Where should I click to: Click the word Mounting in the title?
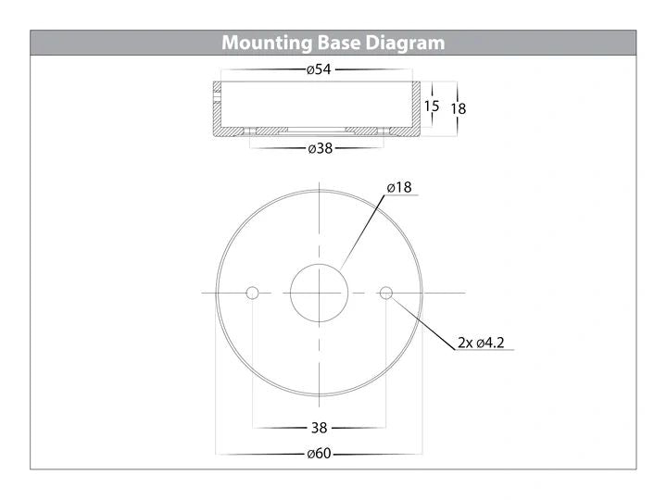coord(267,44)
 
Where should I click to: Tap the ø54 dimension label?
coord(319,69)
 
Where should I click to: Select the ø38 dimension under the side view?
coord(320,148)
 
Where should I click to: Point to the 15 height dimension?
coord(432,106)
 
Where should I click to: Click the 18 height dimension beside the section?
coord(459,109)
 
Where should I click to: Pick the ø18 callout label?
coord(399,187)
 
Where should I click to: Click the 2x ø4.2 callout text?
coord(481,343)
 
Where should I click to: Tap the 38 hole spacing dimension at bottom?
coord(319,428)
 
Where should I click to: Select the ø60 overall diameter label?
coord(319,454)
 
